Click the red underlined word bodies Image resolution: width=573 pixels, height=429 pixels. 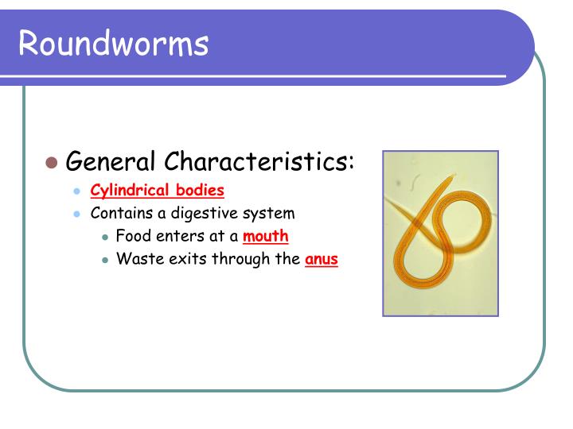point(200,191)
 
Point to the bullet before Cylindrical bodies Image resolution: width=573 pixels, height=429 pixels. point(77,191)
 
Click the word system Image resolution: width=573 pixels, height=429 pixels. point(270,213)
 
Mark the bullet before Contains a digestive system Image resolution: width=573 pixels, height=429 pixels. point(77,214)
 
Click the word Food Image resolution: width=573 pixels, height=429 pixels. point(133,236)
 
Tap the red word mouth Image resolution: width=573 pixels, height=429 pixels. point(266,236)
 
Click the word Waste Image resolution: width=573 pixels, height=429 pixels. point(137,259)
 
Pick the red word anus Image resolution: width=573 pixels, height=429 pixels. point(322,259)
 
